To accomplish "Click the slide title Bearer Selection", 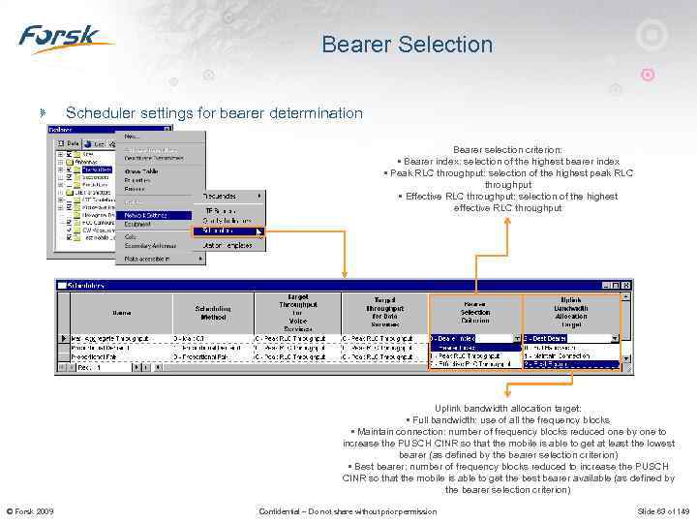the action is pyautogui.click(x=407, y=45).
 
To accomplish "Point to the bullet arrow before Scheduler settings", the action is pyautogui.click(x=42, y=113).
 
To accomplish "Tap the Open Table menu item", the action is pyautogui.click(x=145, y=170).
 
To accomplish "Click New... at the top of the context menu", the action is pyautogui.click(x=134, y=136).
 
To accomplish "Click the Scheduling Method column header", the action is pyautogui.click(x=213, y=312).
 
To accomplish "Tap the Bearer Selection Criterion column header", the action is pyautogui.click(x=474, y=311).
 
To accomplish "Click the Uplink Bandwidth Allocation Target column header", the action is pyautogui.click(x=570, y=312).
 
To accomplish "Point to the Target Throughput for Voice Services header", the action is pyautogui.click(x=297, y=312).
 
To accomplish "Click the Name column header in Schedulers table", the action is pyautogui.click(x=121, y=312).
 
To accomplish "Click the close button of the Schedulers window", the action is pyautogui.click(x=628, y=285).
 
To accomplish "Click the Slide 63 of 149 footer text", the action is pyautogui.click(x=662, y=511).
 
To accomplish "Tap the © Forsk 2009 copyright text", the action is pyautogui.click(x=30, y=511).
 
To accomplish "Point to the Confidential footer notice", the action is pyautogui.click(x=348, y=511).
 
